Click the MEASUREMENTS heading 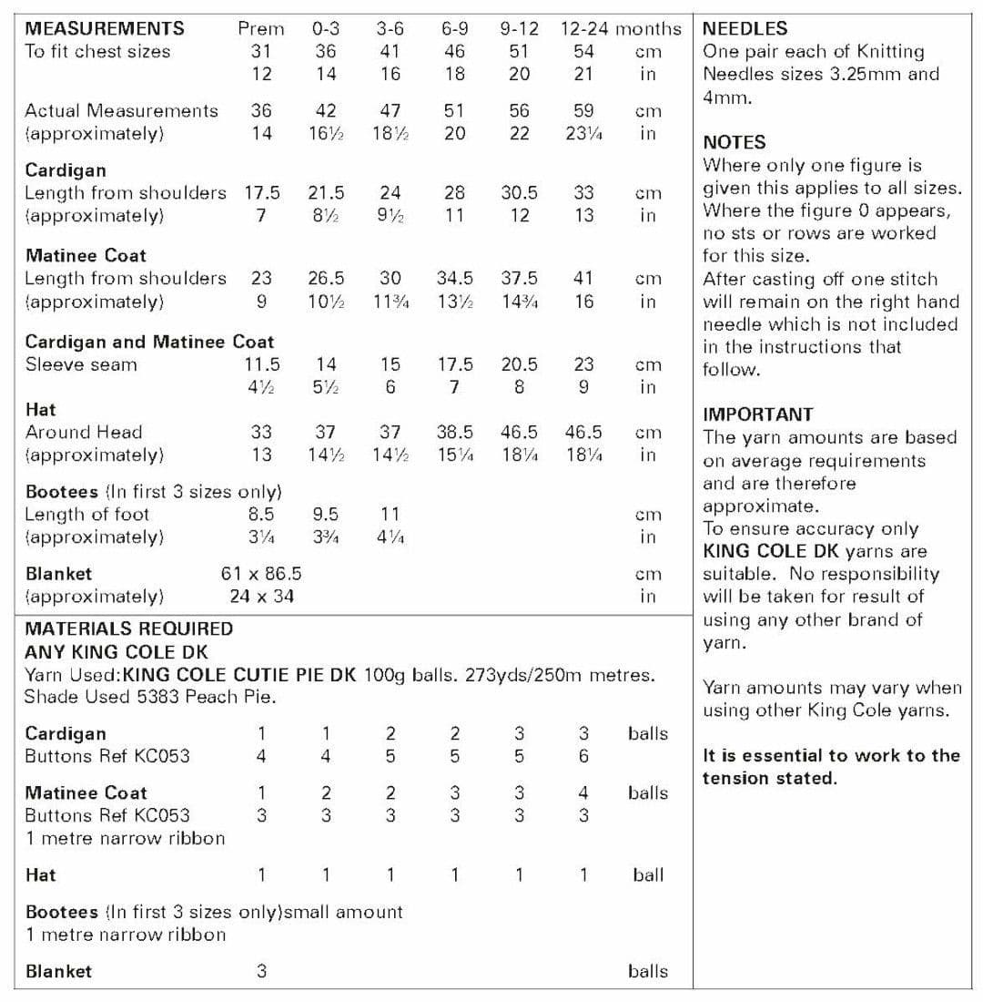(x=105, y=29)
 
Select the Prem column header (x=261, y=29)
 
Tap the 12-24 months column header (x=621, y=29)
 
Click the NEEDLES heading (x=745, y=29)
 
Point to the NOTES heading (x=735, y=142)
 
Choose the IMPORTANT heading (x=758, y=414)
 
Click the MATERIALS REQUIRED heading (x=129, y=629)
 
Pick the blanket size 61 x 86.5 (x=261, y=574)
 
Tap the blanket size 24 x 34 (x=261, y=597)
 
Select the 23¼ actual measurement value (x=584, y=134)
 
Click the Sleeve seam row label (x=81, y=364)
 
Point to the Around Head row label (x=84, y=432)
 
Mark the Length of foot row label (x=87, y=514)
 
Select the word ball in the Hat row (x=648, y=875)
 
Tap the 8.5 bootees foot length (x=261, y=514)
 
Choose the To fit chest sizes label (x=97, y=52)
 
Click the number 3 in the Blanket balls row (x=261, y=971)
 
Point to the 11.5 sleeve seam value (x=261, y=364)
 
